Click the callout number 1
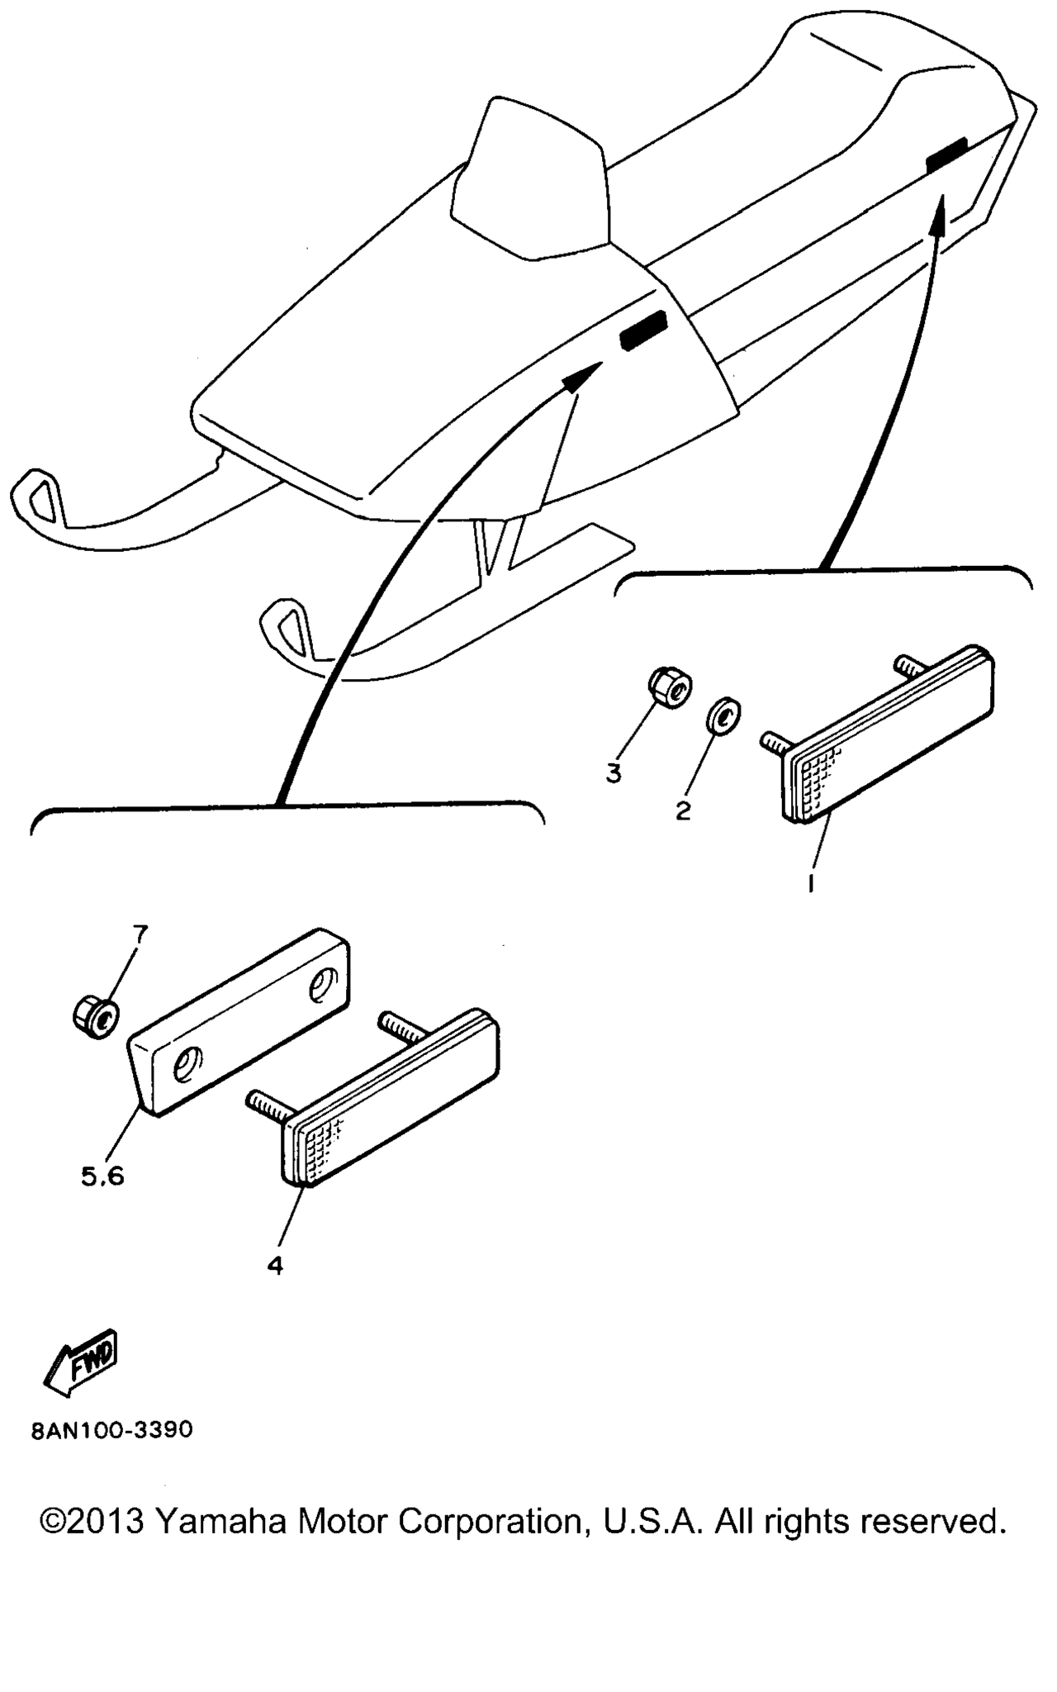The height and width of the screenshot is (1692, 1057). click(812, 883)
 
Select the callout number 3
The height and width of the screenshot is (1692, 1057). click(614, 774)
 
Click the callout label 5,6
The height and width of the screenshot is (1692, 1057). click(102, 1176)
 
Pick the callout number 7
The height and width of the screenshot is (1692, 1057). click(140, 934)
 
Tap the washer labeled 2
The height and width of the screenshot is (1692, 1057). click(723, 715)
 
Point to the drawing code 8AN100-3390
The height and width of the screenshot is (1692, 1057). click(112, 1430)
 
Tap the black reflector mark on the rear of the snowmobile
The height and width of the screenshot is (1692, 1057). click(946, 155)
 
